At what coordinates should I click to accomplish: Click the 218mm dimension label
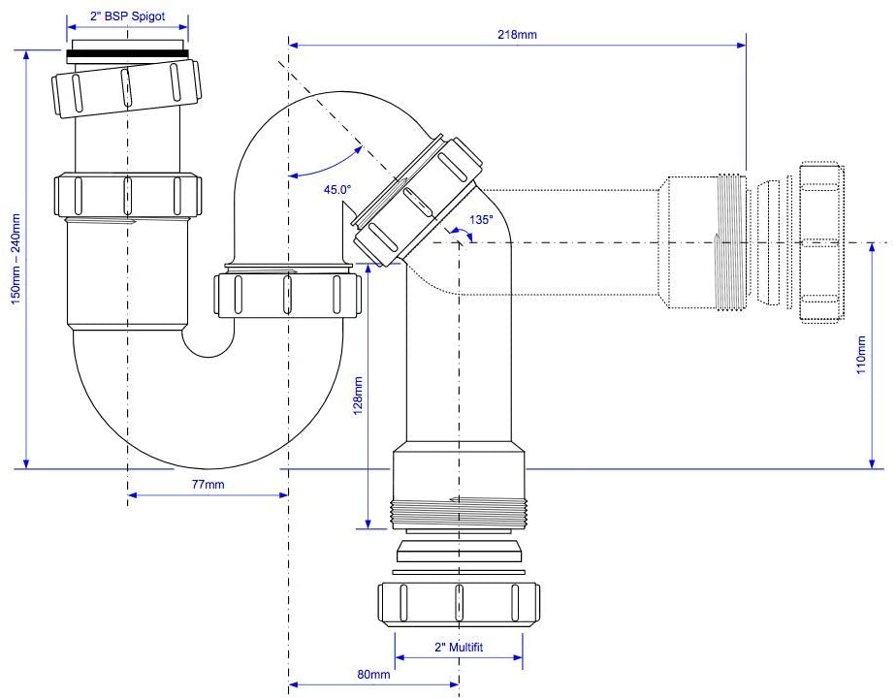(x=517, y=34)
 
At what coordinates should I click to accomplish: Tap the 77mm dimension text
(x=208, y=485)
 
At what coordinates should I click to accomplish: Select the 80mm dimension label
(x=373, y=675)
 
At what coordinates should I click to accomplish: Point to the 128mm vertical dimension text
(x=358, y=396)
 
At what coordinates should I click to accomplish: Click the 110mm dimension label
(x=861, y=355)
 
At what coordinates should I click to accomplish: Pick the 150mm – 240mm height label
(x=16, y=259)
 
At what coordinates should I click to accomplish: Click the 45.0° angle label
(x=337, y=190)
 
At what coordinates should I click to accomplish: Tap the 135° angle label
(x=481, y=220)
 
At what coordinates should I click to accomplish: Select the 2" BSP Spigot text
(x=127, y=16)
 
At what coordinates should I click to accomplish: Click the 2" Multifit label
(x=459, y=648)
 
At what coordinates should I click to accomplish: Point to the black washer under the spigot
(x=127, y=55)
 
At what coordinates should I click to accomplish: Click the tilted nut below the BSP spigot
(x=126, y=88)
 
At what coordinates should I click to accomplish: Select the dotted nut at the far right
(x=821, y=242)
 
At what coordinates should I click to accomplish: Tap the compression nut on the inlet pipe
(x=128, y=196)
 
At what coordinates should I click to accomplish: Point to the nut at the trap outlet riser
(x=288, y=295)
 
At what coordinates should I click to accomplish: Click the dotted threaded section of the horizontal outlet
(x=731, y=242)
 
